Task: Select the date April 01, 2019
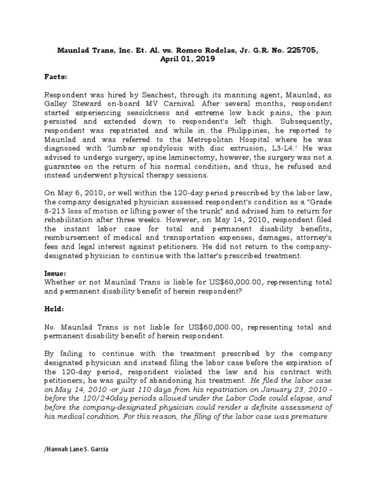[x=188, y=59]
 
